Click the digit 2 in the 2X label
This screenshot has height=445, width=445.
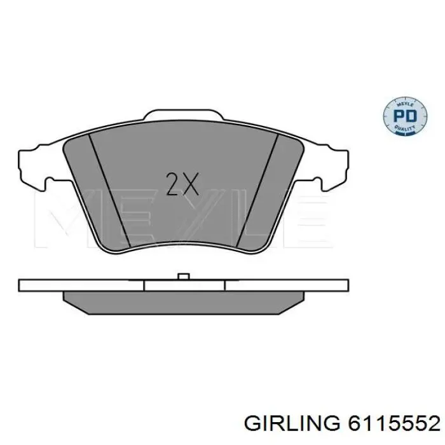(x=172, y=184)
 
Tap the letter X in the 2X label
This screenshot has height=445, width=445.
(x=190, y=184)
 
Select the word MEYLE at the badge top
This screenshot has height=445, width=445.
(x=402, y=102)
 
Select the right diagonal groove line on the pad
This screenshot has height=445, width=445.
(x=259, y=191)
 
